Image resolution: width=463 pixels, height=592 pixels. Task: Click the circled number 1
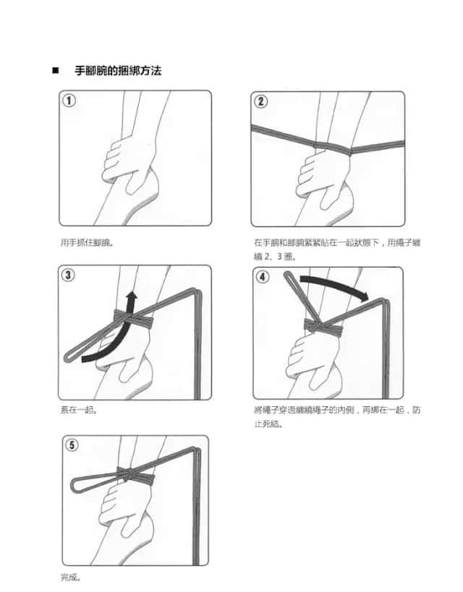pos(69,100)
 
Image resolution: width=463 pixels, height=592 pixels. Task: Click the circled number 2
pos(260,102)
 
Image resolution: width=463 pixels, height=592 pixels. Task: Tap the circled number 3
pos(68,275)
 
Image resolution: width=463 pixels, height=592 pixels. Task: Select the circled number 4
pos(263,277)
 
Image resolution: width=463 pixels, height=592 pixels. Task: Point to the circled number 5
pos(72,445)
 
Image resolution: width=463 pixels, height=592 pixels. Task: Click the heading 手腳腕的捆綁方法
pos(118,71)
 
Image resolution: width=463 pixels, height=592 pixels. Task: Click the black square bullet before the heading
pos(55,71)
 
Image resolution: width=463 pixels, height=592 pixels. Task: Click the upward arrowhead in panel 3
pos(131,297)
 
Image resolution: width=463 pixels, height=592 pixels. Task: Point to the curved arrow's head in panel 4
pos(364,297)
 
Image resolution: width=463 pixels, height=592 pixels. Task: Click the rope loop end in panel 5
pos(74,485)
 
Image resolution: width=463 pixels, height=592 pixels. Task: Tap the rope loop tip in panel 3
pos(68,357)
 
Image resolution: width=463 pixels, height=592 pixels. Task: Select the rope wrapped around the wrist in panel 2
pos(333,149)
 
